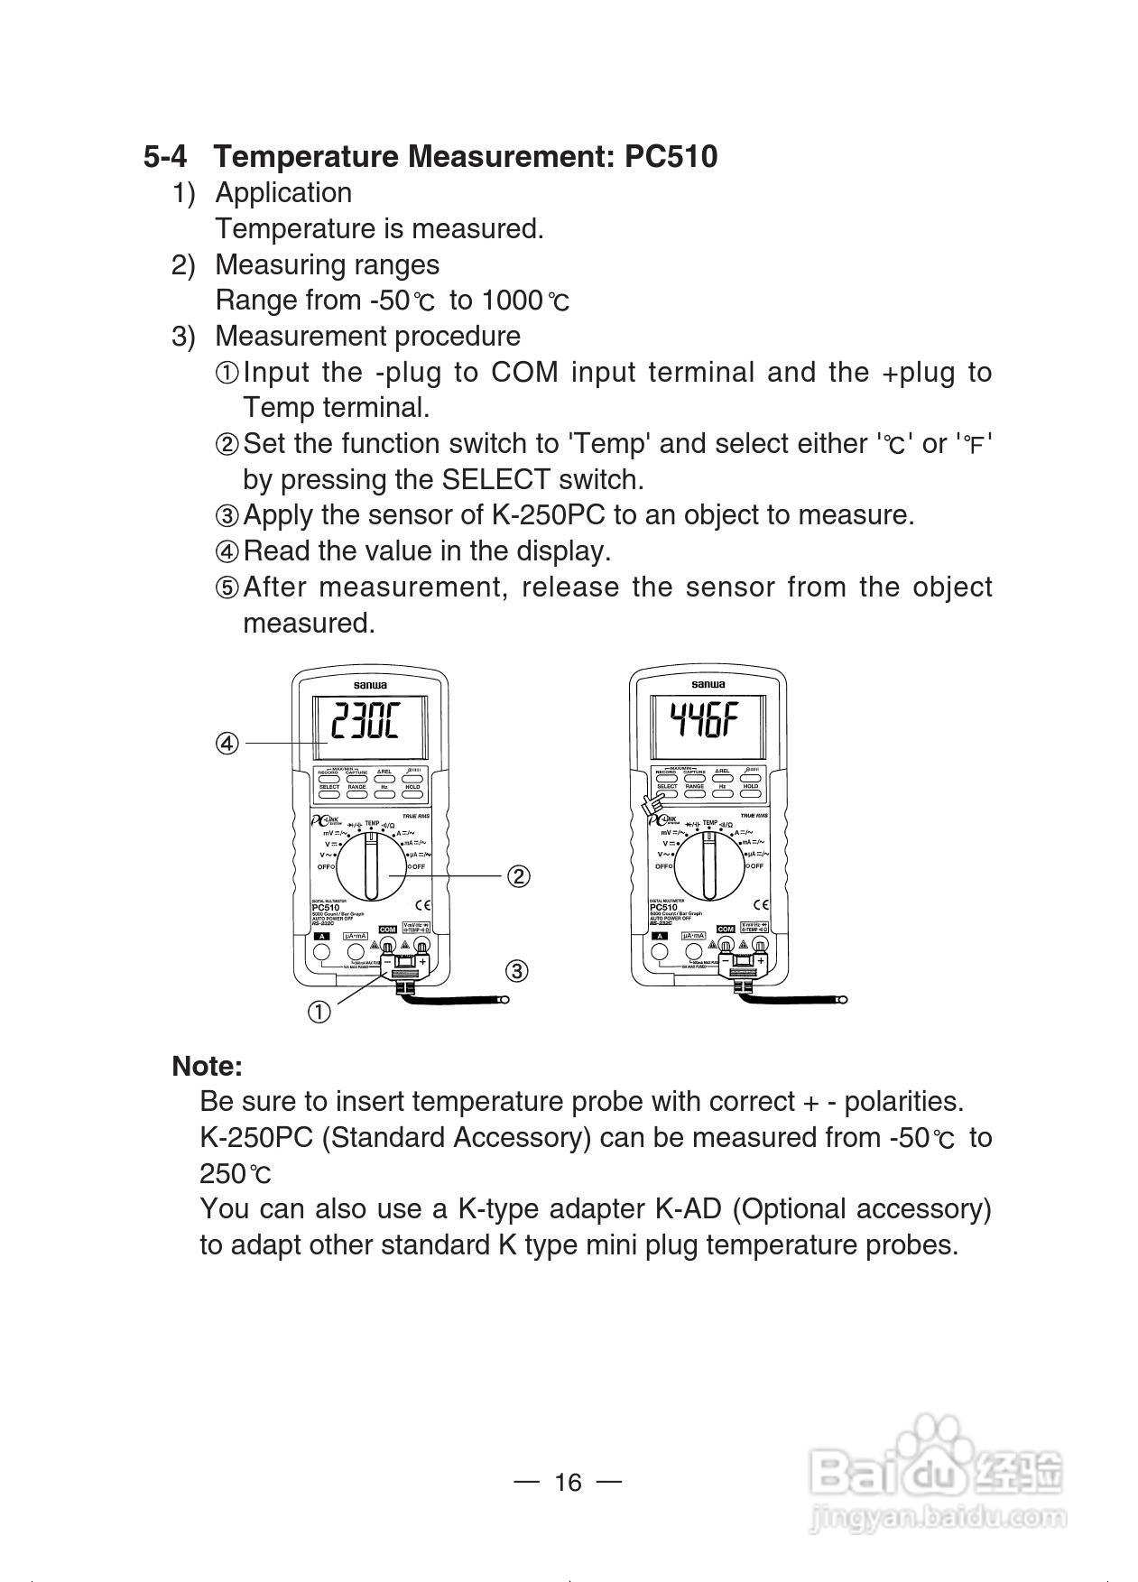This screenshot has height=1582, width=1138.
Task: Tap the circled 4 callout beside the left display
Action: coord(227,743)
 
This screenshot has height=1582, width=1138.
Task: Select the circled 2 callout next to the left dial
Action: coord(518,876)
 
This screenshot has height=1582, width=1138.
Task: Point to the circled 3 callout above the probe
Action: coord(516,971)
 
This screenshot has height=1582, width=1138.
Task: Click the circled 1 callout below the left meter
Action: coord(319,1013)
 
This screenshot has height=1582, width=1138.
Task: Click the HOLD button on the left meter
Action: coord(412,787)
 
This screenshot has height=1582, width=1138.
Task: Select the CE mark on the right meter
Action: coord(761,904)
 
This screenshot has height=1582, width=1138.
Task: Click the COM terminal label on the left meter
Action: coord(387,930)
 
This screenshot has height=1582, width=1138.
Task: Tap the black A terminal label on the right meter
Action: coord(659,936)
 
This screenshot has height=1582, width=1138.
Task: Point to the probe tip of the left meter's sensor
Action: coord(505,999)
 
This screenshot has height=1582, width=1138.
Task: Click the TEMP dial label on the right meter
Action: coord(709,823)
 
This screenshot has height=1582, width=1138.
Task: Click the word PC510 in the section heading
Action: coord(671,157)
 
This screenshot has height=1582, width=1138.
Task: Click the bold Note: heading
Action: coord(208,1066)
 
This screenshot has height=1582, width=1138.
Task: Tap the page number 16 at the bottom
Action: coord(569,1482)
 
